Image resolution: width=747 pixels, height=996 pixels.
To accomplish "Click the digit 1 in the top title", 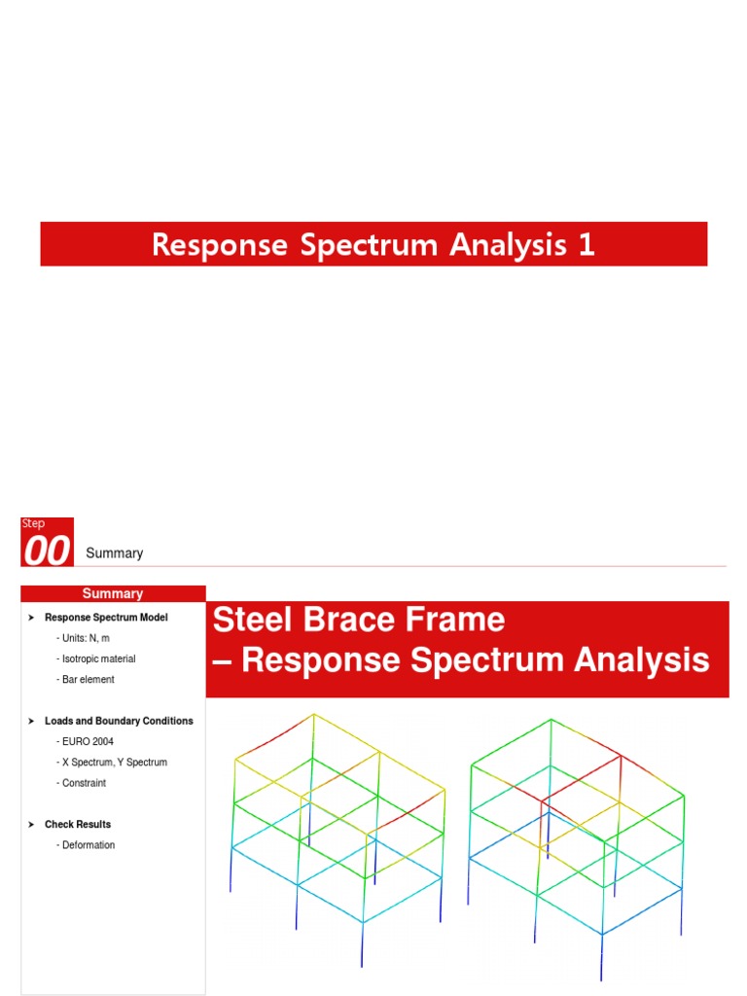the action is point(587,244).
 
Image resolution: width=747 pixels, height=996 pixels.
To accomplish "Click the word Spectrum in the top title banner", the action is point(369,246).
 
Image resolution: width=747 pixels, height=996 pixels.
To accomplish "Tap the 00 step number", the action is point(47,551).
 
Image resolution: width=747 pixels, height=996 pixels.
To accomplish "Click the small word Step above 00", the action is point(33,523).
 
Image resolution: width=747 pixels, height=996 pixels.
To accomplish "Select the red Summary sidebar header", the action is point(113,593).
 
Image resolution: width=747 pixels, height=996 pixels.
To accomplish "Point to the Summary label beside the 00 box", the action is point(115,553).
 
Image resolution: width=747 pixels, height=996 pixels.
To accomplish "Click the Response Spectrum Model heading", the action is point(106,618).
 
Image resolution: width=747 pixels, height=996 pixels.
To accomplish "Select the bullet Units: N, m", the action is point(84,638).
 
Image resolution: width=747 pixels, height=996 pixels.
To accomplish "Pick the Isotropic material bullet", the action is point(96,659).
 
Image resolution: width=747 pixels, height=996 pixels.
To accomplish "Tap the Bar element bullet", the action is point(86,680).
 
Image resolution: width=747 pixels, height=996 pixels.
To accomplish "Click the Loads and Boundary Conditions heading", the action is point(119,721).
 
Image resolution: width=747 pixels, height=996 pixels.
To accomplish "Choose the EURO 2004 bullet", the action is point(86,741).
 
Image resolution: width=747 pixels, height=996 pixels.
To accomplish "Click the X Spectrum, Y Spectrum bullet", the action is point(112,763).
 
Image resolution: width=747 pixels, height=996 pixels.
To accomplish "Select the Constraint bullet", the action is point(82,783).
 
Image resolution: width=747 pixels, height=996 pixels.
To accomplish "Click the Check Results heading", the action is point(78,825).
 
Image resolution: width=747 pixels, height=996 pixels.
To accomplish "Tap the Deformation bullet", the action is point(86,845).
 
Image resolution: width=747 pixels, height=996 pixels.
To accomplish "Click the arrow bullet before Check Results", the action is point(31,825).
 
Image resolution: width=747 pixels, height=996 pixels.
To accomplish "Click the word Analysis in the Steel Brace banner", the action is point(642,660).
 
